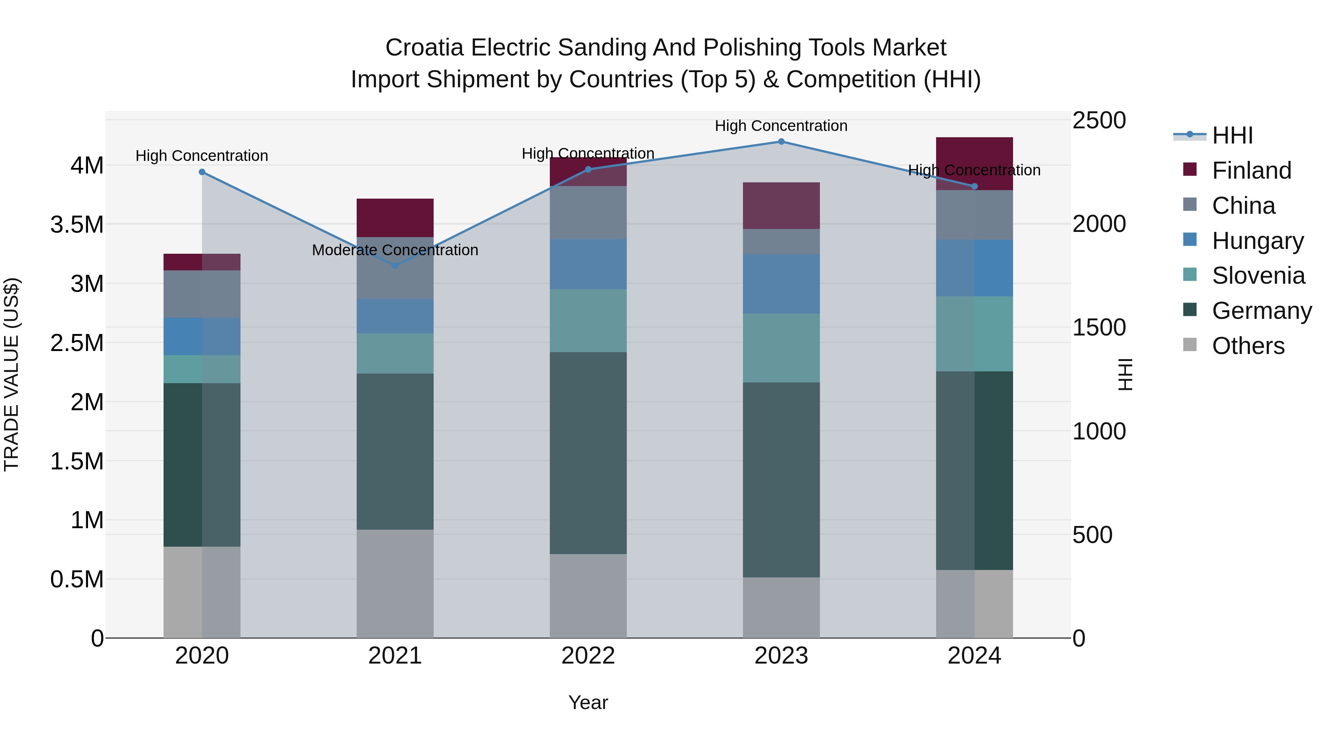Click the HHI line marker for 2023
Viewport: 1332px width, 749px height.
tap(781, 142)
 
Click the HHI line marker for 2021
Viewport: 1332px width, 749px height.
tap(395, 266)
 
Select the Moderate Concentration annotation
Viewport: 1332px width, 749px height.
tap(395, 250)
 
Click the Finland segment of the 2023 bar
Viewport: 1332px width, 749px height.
tap(781, 206)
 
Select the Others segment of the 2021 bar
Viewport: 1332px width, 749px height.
tap(395, 584)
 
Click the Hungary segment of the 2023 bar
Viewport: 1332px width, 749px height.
tap(781, 284)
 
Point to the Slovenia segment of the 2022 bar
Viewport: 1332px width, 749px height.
tap(588, 320)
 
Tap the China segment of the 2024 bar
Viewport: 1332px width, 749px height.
tap(974, 215)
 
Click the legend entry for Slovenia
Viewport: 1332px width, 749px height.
tap(1258, 276)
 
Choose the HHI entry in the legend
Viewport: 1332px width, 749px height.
tap(1232, 135)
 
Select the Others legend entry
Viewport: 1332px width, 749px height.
tap(1248, 346)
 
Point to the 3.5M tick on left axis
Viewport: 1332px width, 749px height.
tap(77, 225)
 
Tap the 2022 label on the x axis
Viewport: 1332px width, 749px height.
tap(588, 656)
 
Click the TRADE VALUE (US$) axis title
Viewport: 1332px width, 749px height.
tap(12, 374)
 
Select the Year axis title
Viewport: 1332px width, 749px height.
tap(588, 702)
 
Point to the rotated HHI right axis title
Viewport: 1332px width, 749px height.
tap(1125, 374)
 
